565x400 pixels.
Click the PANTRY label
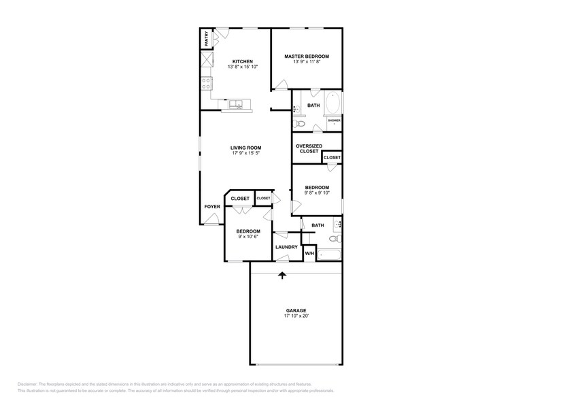206,39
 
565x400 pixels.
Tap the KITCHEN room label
242,61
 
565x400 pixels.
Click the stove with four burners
206,84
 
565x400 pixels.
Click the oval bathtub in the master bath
334,104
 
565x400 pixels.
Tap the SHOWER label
334,120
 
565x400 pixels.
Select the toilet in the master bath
298,124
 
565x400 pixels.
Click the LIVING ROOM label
245,148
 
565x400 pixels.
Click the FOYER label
212,206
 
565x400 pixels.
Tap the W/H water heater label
309,253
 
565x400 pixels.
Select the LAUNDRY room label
286,247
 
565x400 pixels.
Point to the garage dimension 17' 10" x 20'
296,316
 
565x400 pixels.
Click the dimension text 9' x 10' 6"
248,237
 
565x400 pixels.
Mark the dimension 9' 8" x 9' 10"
316,193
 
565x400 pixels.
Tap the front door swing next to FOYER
212,218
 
